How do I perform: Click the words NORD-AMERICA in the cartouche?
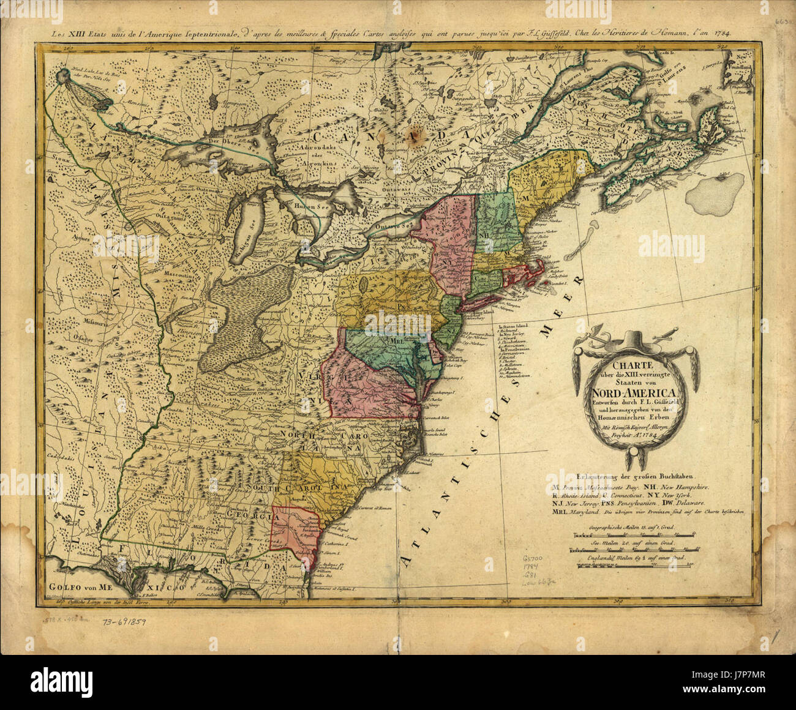pos(630,392)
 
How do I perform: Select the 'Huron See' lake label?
pos(308,207)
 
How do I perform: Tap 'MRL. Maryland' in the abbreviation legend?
pos(576,514)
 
